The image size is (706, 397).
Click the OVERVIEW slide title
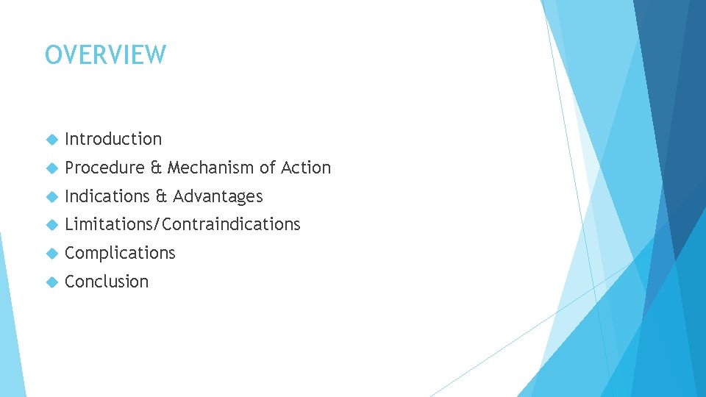click(106, 55)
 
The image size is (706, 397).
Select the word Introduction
click(113, 139)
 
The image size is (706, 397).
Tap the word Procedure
click(105, 168)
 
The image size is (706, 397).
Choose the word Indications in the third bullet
click(107, 196)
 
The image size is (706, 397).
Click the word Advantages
click(218, 196)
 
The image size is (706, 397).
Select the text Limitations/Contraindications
click(182, 224)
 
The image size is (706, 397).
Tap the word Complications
click(120, 253)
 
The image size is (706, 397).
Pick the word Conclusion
click(107, 282)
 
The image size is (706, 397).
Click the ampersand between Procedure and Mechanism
click(156, 168)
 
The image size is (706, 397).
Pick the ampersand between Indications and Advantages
click(161, 196)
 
